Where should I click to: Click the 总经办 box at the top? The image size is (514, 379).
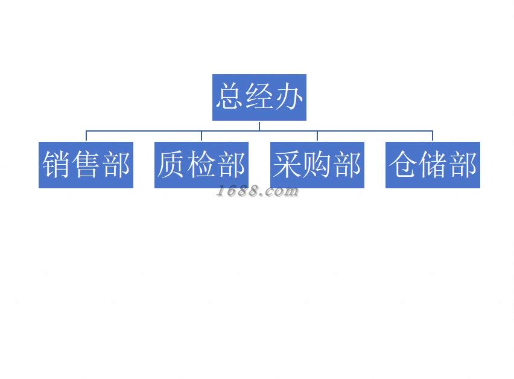259,97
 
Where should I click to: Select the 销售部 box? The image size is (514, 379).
86,165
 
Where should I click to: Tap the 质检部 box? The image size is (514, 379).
201,165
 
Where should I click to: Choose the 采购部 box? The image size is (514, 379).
317,165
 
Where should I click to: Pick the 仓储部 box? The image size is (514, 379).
433,165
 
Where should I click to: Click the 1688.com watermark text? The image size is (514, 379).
258,192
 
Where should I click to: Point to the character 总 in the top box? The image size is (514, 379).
230,97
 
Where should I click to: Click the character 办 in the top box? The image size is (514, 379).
289,97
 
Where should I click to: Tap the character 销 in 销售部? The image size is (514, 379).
56,165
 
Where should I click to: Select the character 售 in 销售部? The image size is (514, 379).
86,165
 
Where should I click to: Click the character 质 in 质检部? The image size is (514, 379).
172,165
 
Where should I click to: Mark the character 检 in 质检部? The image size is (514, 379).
201,165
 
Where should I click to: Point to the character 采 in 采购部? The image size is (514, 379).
288,165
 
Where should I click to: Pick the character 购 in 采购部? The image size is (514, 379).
317,165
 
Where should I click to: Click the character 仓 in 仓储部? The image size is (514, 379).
404,165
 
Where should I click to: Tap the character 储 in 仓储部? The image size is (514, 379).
433,165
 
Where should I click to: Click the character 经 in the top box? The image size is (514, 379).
259,97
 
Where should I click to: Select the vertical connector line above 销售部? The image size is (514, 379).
86,136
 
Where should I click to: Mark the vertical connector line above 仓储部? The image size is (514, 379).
433,136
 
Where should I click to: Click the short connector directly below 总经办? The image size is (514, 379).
259,126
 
